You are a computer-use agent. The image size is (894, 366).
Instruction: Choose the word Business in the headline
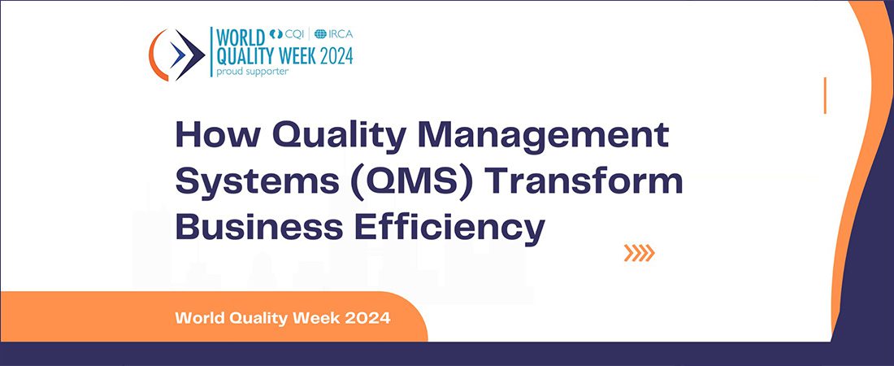[x=259, y=227]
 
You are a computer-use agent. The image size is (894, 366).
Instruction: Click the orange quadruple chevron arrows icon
[x=639, y=252]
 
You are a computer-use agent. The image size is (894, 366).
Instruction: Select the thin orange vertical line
[x=824, y=95]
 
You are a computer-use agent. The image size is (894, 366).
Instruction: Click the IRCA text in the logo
[x=341, y=33]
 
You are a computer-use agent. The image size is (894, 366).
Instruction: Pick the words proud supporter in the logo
[x=252, y=72]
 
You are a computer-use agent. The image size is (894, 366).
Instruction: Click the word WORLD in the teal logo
[x=241, y=37]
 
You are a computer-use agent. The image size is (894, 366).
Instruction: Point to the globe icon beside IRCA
[x=320, y=33]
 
